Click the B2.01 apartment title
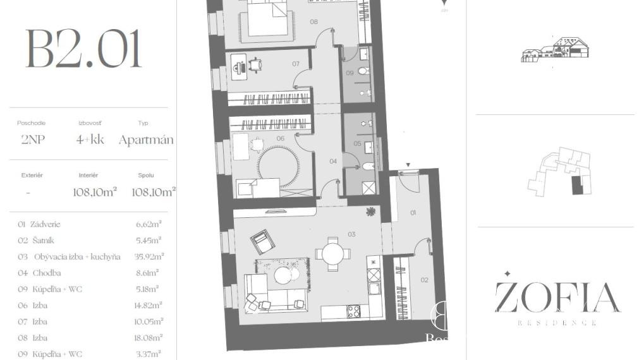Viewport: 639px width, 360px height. coord(83,49)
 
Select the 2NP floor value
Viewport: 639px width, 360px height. coord(32,140)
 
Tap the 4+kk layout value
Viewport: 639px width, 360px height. coord(90,140)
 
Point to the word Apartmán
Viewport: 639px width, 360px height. coord(146,140)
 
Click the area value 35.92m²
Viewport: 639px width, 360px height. coord(149,256)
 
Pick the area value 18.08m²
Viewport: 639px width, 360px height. coord(149,338)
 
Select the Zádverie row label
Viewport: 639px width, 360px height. coord(39,224)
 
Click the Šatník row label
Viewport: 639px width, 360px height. coord(37,241)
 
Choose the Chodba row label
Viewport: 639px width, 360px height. coord(40,273)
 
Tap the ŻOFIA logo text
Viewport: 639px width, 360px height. coord(557,297)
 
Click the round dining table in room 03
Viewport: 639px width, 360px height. coord(333,254)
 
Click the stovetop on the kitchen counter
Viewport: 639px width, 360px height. coord(353,311)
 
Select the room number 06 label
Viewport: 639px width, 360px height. coord(280,138)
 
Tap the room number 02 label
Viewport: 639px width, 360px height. coord(424,280)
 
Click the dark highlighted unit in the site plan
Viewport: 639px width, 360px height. coord(575,186)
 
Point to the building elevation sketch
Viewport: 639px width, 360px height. coord(554,49)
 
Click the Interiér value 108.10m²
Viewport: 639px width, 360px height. coord(95,192)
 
